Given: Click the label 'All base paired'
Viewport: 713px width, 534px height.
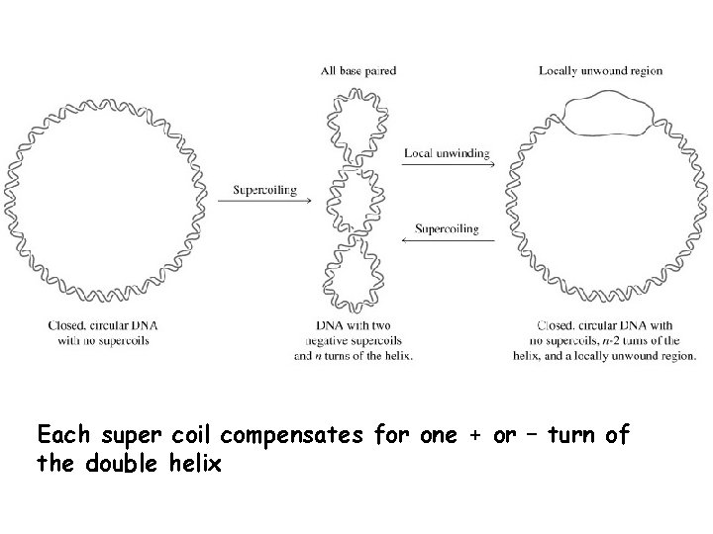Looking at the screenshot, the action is (x=358, y=70).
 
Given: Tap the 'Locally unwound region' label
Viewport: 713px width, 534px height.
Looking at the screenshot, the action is (x=601, y=70).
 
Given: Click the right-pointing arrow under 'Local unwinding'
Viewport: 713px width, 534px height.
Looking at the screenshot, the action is (x=441, y=165).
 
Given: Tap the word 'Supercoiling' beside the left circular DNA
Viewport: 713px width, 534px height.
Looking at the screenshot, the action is (x=264, y=190).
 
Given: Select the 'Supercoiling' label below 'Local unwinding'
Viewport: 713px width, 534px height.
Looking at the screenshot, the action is (x=447, y=228).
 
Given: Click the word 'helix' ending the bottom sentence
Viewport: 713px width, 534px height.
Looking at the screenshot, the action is (x=196, y=461).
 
